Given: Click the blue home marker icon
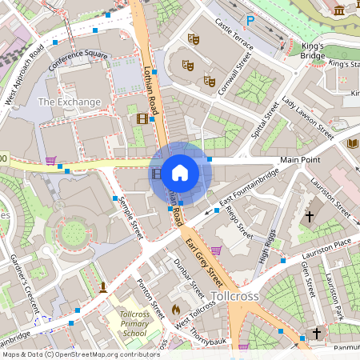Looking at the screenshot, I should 180,172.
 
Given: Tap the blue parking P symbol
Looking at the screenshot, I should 250,21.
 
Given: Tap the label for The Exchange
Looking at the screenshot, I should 70,102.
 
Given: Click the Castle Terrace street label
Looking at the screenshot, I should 233,36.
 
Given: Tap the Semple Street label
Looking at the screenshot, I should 130,214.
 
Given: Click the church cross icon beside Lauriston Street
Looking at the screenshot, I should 310,216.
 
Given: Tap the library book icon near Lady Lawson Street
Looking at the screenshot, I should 353,143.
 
